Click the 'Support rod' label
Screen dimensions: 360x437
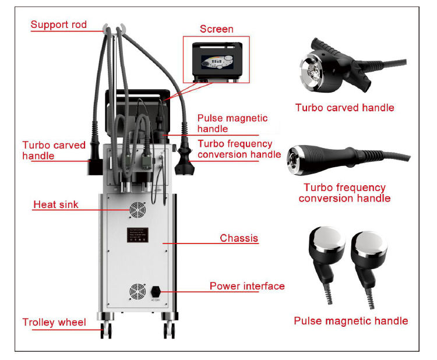coord(58,24)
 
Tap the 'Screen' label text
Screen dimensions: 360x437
coord(216,29)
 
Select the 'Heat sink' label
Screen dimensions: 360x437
coord(55,204)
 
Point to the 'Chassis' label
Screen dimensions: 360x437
coord(239,238)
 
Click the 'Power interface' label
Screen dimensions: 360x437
coord(247,286)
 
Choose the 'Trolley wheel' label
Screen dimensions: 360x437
coord(54,322)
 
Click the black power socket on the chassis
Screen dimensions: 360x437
coord(156,290)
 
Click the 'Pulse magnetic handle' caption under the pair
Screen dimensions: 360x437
coord(351,321)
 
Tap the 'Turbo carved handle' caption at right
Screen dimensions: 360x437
coord(344,107)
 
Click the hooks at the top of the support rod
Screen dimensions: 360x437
coord(114,27)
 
